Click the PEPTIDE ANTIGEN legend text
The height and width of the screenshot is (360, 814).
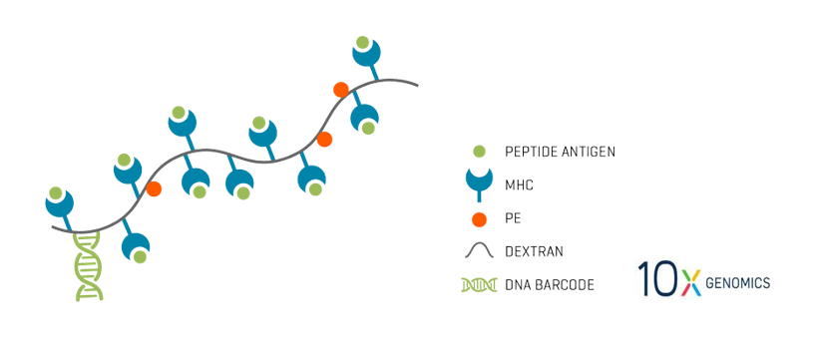coord(560,152)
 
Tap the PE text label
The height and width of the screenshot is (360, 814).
coord(514,218)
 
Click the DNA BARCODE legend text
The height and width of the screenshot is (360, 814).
coord(550,285)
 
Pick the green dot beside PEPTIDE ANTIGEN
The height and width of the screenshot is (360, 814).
coord(479,152)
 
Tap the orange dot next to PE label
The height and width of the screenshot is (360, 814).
coord(479,218)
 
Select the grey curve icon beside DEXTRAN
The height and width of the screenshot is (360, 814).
coord(479,251)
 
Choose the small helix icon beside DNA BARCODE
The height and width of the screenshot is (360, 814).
coord(479,285)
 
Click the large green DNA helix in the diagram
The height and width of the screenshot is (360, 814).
coord(89,266)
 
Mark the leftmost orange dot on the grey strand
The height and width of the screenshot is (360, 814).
coord(154,188)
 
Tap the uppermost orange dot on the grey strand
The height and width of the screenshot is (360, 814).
coord(341,89)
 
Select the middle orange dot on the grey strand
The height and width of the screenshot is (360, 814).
coord(324,139)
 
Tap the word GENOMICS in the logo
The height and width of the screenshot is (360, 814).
coord(737,283)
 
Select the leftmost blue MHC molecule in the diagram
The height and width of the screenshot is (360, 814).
coord(60,201)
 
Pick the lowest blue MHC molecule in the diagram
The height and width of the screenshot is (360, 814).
coord(136,249)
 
